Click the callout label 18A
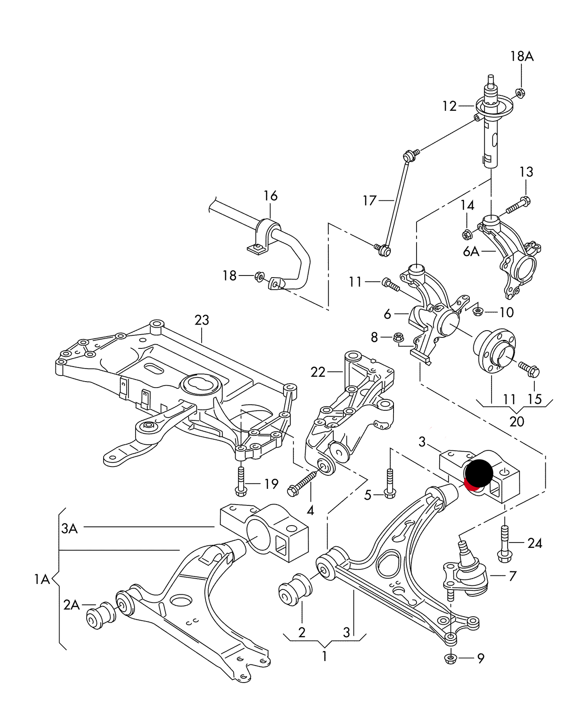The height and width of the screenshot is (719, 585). (522, 56)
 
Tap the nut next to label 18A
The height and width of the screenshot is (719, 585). (521, 93)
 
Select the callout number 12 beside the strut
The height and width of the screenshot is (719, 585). (449, 106)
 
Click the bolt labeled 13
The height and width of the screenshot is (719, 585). (518, 205)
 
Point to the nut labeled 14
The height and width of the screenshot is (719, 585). (466, 234)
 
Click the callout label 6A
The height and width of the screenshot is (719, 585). (471, 252)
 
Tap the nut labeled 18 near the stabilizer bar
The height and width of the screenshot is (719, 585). (259, 276)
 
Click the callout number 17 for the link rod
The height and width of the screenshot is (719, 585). (370, 200)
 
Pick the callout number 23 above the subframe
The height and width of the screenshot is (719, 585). (202, 320)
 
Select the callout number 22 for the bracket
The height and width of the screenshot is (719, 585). (318, 372)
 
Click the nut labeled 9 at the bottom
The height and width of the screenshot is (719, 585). (450, 658)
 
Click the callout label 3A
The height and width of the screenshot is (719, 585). (69, 528)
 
